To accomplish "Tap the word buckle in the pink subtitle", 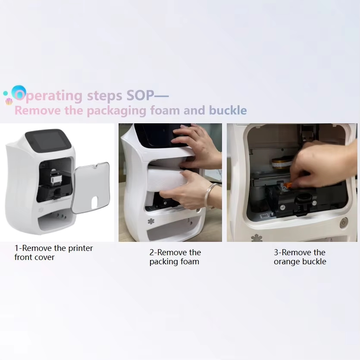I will [x=228, y=110].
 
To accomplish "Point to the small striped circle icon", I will [x=9, y=101].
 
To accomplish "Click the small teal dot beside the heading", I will [x=5, y=93].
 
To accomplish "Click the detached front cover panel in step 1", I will [x=91, y=187].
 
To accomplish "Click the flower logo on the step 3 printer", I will [x=257, y=238].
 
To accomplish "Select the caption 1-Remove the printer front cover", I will [x=53, y=253].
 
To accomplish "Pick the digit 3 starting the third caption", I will [x=276, y=252].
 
